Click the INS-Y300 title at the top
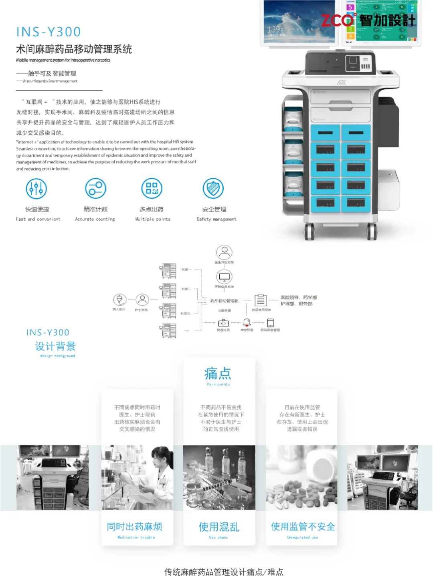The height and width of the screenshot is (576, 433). tap(49, 32)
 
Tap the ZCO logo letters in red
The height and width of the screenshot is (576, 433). tap(338, 20)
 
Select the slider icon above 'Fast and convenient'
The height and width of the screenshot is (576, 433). tap(36, 189)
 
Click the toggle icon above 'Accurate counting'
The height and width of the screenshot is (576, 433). tap(95, 189)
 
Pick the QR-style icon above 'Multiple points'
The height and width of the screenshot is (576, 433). tap(152, 189)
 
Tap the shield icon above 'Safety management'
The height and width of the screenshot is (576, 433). tap(213, 189)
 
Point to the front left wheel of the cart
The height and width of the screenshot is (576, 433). tap(309, 232)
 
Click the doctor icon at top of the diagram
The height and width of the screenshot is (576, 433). tap(224, 252)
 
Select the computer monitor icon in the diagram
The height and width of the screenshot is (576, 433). tap(224, 277)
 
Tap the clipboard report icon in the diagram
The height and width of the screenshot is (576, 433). tap(261, 300)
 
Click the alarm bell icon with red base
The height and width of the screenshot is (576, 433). tap(247, 322)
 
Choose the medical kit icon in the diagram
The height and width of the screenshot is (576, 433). tap(223, 323)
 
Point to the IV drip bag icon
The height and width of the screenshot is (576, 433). tap(119, 300)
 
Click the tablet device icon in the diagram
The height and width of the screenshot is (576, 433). tap(270, 323)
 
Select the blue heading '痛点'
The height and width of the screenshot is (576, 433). tap(218, 373)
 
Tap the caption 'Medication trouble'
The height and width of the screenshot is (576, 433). tap(136, 537)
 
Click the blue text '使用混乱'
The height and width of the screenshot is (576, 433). tap(219, 527)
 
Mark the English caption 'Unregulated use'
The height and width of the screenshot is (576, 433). tap(302, 537)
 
